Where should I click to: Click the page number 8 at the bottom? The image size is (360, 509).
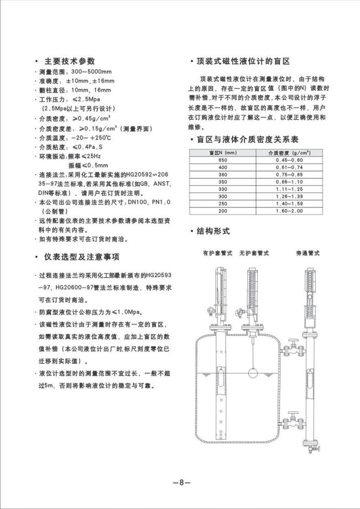point(181,483)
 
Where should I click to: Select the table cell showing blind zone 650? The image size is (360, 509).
point(223,160)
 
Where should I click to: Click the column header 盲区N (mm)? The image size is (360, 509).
point(223,153)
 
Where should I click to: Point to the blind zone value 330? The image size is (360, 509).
point(223,189)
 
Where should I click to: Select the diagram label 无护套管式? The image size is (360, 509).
point(254,253)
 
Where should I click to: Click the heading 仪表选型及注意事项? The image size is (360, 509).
point(82,257)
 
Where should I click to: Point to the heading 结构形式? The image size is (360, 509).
point(213,232)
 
